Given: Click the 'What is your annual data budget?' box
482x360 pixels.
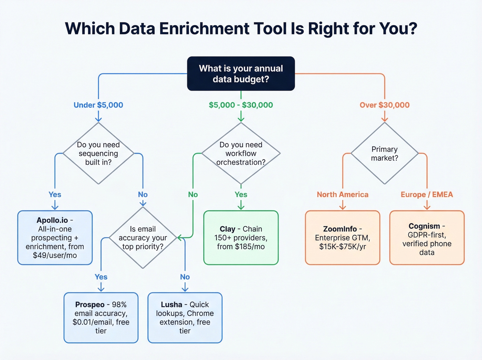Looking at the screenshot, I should [241, 74].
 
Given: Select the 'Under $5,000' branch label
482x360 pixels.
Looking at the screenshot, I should [98, 105].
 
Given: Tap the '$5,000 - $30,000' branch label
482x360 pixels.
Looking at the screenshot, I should [241, 105].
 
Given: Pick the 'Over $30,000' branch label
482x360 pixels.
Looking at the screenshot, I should [385, 105].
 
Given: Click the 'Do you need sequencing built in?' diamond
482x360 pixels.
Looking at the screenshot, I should [98, 153].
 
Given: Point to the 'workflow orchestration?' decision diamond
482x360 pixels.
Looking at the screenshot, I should [241, 153].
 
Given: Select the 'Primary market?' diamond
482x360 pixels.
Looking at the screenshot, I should [385, 153].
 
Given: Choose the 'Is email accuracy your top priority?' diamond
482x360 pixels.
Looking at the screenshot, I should [143, 238].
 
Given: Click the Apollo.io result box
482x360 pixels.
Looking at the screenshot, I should [55, 238].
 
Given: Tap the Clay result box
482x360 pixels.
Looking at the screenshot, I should [241, 238].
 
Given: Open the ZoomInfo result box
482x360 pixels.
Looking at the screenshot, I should [342, 238].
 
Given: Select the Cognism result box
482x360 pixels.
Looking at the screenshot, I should [427, 238].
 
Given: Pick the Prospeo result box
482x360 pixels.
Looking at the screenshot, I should [101, 318].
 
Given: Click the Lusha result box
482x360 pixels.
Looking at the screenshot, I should [185, 318].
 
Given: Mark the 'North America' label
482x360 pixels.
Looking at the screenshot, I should [342, 195].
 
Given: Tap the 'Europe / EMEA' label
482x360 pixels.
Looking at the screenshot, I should [427, 195].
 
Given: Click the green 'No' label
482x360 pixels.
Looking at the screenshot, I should [193, 195].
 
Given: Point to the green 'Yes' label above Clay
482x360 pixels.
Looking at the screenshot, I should [241, 195].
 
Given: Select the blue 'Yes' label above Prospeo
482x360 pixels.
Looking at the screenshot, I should [101, 277].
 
